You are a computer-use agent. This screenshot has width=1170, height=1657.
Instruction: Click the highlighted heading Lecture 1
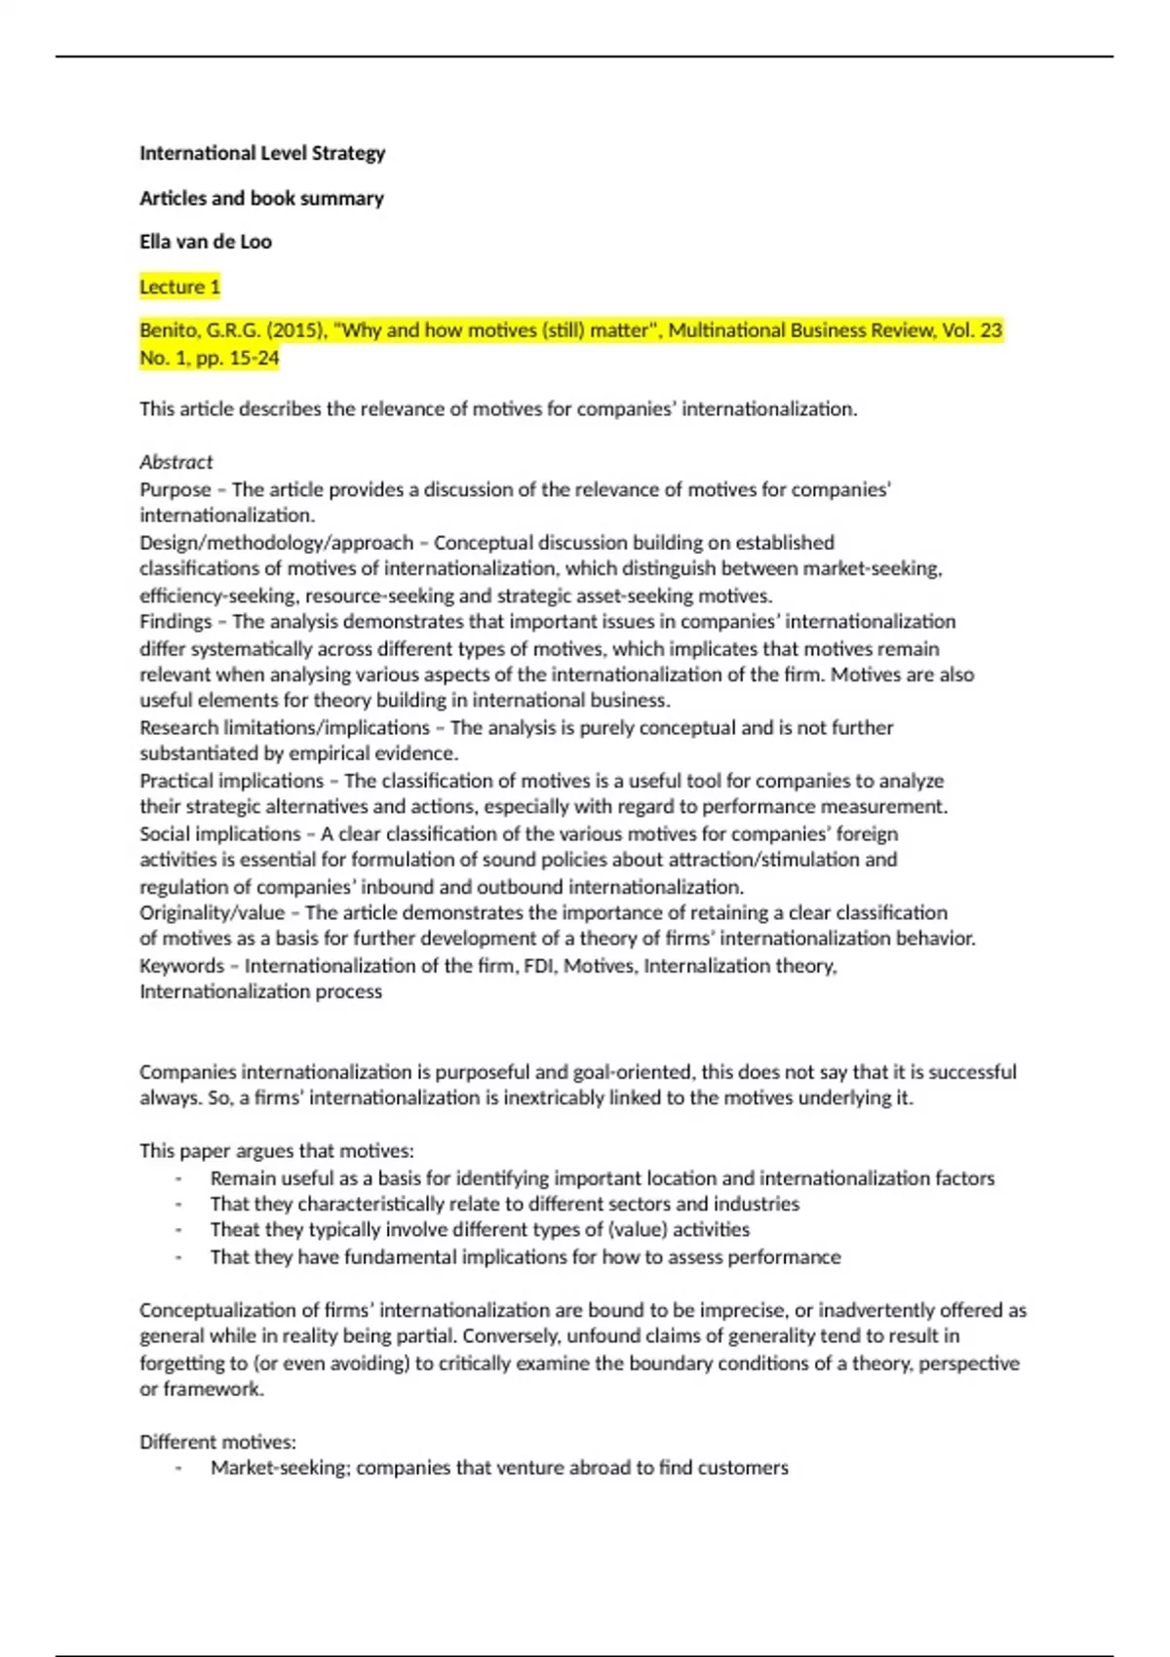click(179, 287)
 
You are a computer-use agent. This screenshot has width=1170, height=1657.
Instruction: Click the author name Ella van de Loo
click(205, 242)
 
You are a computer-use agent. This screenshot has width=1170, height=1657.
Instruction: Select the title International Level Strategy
click(262, 153)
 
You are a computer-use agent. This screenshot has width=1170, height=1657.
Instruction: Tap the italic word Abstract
click(175, 462)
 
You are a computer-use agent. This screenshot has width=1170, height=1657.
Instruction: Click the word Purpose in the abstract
click(175, 489)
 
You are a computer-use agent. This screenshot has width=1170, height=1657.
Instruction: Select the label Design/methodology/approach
click(276, 542)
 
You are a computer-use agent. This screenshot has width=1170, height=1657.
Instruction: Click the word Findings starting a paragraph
click(175, 622)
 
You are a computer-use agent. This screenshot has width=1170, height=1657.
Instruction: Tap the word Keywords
click(181, 966)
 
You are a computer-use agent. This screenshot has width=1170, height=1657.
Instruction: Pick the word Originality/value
click(212, 913)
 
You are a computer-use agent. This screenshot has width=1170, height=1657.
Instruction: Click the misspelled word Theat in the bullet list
click(231, 1230)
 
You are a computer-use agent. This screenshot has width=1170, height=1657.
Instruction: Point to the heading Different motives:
click(217, 1442)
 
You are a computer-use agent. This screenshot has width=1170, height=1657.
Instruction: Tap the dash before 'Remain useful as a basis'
click(178, 1178)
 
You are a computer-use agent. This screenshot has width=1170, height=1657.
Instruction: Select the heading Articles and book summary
click(261, 198)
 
